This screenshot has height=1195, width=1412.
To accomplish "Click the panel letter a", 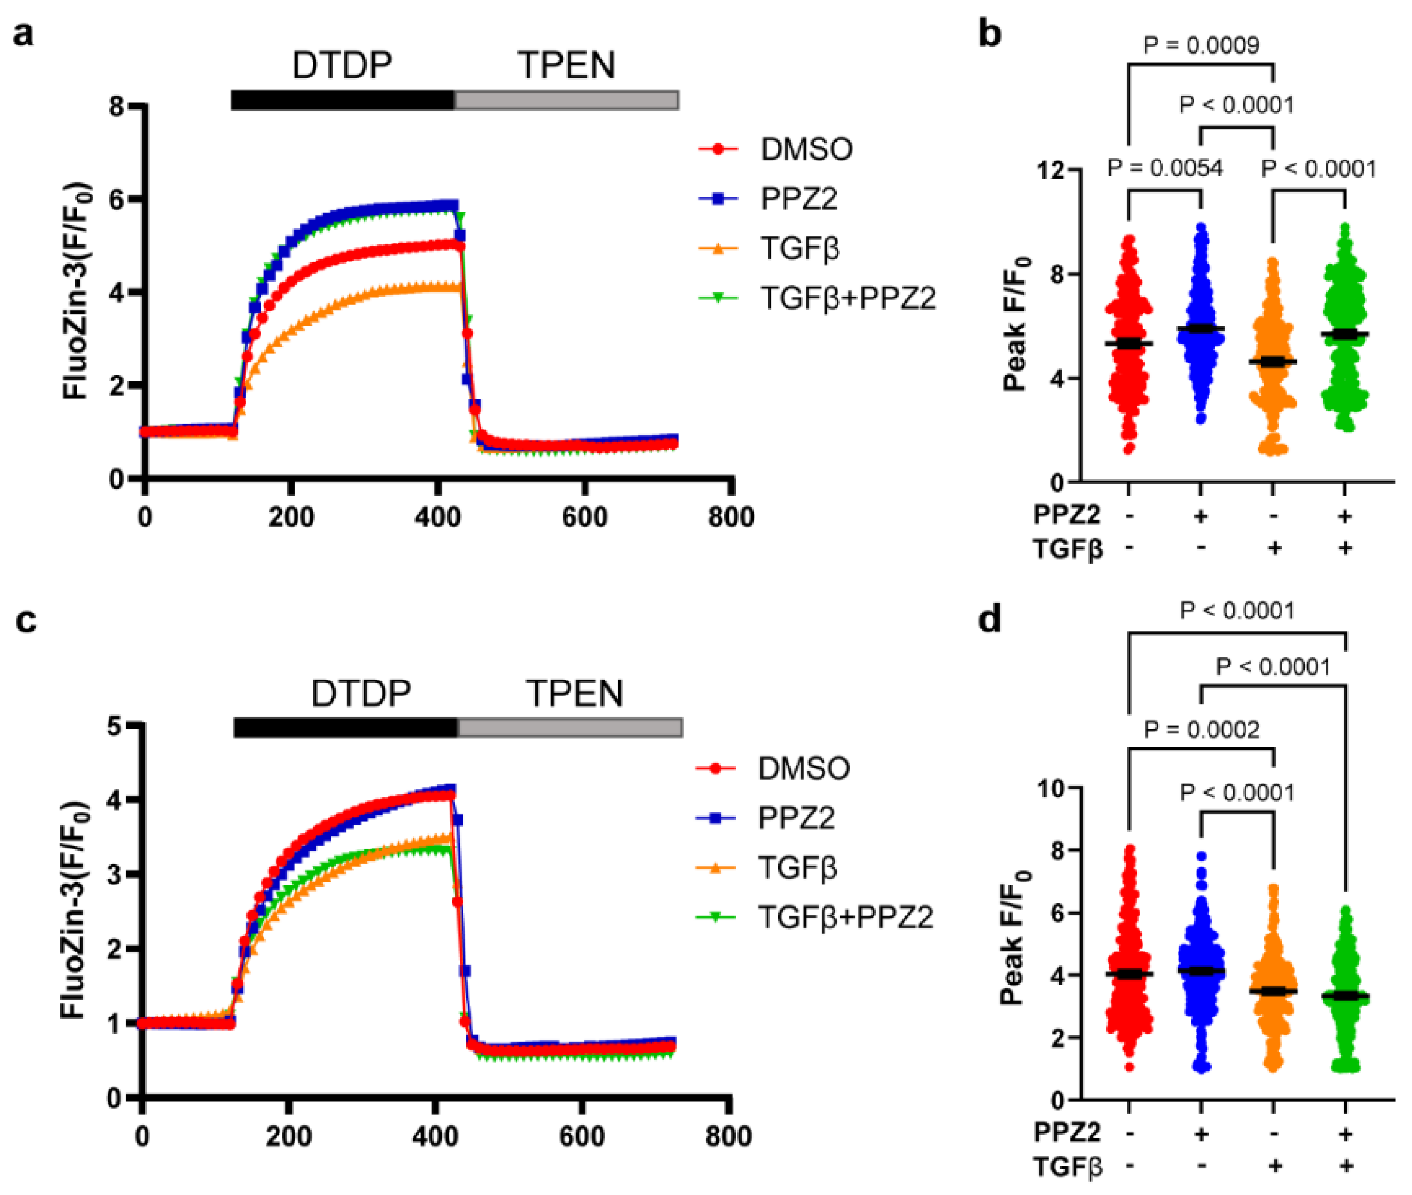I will (x=23, y=34).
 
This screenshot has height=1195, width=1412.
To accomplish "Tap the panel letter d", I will (x=990, y=619).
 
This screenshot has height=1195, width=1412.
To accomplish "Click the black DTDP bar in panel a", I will (x=342, y=100).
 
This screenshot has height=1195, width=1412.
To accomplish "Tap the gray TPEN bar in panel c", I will (x=570, y=728).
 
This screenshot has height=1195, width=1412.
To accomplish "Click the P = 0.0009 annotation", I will (x=1201, y=45).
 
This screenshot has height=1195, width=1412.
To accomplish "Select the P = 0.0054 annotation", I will (x=1164, y=167).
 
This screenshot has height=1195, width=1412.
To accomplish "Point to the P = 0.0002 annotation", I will (x=1201, y=729).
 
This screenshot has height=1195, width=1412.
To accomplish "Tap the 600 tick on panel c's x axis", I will (x=581, y=1136).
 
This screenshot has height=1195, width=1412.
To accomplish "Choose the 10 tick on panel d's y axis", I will (x=1051, y=788).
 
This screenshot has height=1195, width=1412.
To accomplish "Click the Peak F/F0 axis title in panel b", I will (x=1015, y=324).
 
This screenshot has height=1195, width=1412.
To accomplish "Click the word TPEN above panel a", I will (x=566, y=66).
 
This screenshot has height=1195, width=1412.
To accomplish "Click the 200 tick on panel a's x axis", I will (x=291, y=517).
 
